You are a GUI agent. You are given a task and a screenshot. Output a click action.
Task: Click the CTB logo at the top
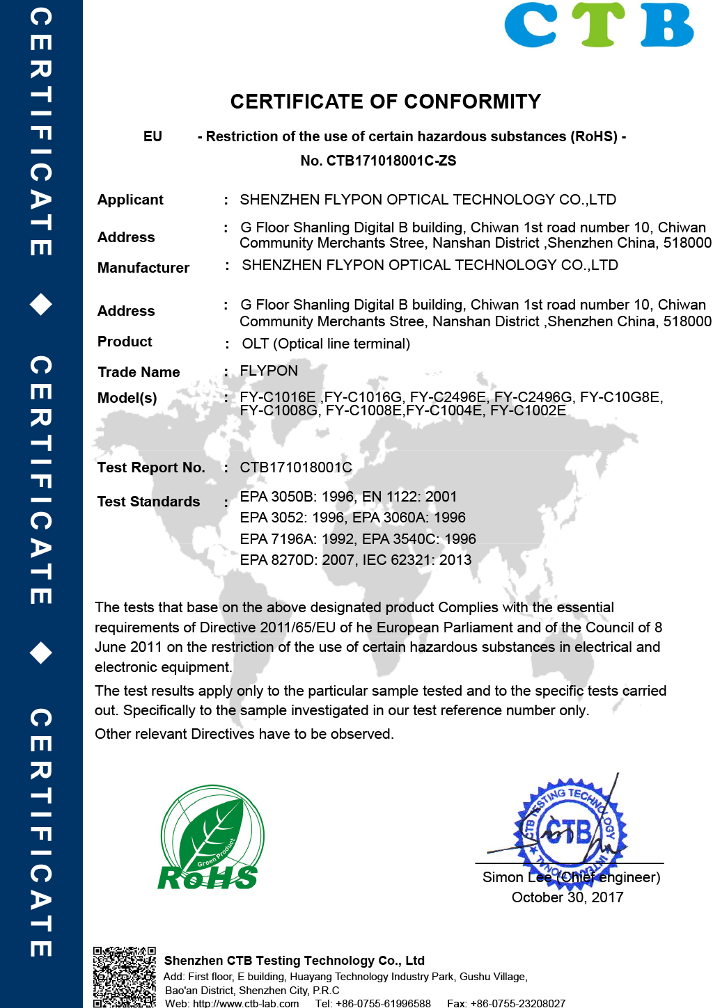click(x=599, y=26)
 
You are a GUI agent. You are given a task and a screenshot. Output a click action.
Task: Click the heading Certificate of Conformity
click(x=385, y=102)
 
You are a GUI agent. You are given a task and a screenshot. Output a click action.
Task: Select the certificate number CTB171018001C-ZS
click(x=391, y=161)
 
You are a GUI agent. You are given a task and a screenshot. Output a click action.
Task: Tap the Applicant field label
click(x=130, y=200)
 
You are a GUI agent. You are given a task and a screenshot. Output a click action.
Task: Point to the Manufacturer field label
click(x=143, y=268)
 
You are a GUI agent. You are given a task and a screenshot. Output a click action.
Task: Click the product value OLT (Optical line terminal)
click(x=326, y=344)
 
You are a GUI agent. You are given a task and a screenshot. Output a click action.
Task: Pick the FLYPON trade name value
click(x=269, y=371)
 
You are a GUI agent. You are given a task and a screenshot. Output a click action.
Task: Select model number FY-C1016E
click(x=278, y=397)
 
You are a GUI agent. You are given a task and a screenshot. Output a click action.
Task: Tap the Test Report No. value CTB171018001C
click(x=296, y=467)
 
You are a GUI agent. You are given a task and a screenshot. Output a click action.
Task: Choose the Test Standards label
click(x=148, y=502)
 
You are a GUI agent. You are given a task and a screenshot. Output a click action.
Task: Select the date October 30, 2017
click(x=567, y=897)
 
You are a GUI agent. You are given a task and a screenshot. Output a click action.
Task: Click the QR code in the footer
click(x=125, y=977)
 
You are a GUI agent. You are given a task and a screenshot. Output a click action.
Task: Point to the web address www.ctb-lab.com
click(x=246, y=1003)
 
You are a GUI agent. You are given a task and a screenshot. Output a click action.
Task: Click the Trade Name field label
click(x=139, y=372)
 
